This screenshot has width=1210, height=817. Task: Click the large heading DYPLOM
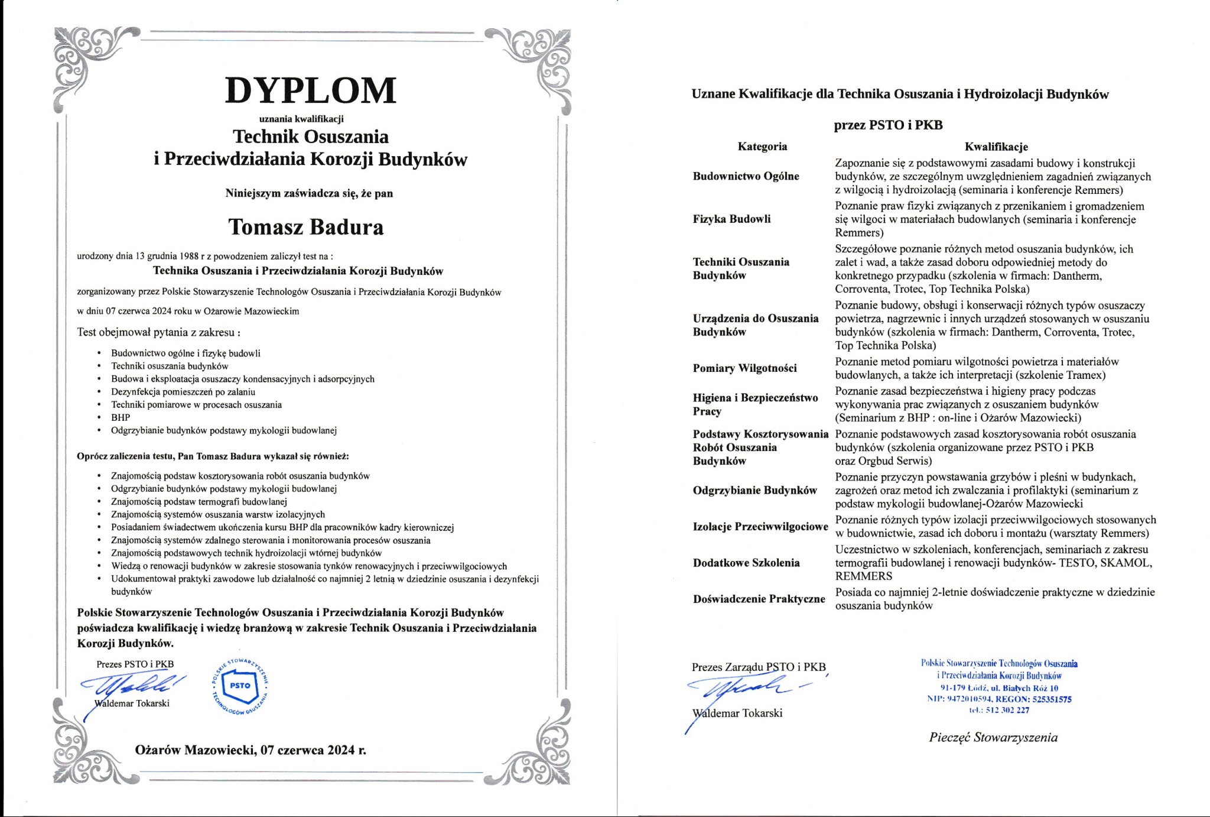311,90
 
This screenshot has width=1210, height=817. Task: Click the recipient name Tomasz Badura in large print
306,227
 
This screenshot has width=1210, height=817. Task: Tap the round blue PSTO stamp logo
240,686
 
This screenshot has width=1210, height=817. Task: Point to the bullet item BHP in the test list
121,417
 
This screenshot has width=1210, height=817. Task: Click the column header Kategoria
762,147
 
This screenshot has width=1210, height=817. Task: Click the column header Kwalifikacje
996,147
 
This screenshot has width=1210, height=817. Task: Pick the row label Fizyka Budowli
731,219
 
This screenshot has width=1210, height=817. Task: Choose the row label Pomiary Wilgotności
744,368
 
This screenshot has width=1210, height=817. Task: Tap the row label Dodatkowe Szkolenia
746,563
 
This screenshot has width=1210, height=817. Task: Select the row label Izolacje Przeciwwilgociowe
760,526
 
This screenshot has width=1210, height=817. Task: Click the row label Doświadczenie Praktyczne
759,599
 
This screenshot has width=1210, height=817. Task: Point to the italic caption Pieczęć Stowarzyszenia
993,737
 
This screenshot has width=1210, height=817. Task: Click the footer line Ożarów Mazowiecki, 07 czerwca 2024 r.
251,750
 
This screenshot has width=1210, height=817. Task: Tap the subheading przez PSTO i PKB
888,125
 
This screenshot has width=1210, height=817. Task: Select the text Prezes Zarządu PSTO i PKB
759,667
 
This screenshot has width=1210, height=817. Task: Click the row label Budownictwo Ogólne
746,176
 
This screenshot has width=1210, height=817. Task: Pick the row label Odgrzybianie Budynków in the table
754,490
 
